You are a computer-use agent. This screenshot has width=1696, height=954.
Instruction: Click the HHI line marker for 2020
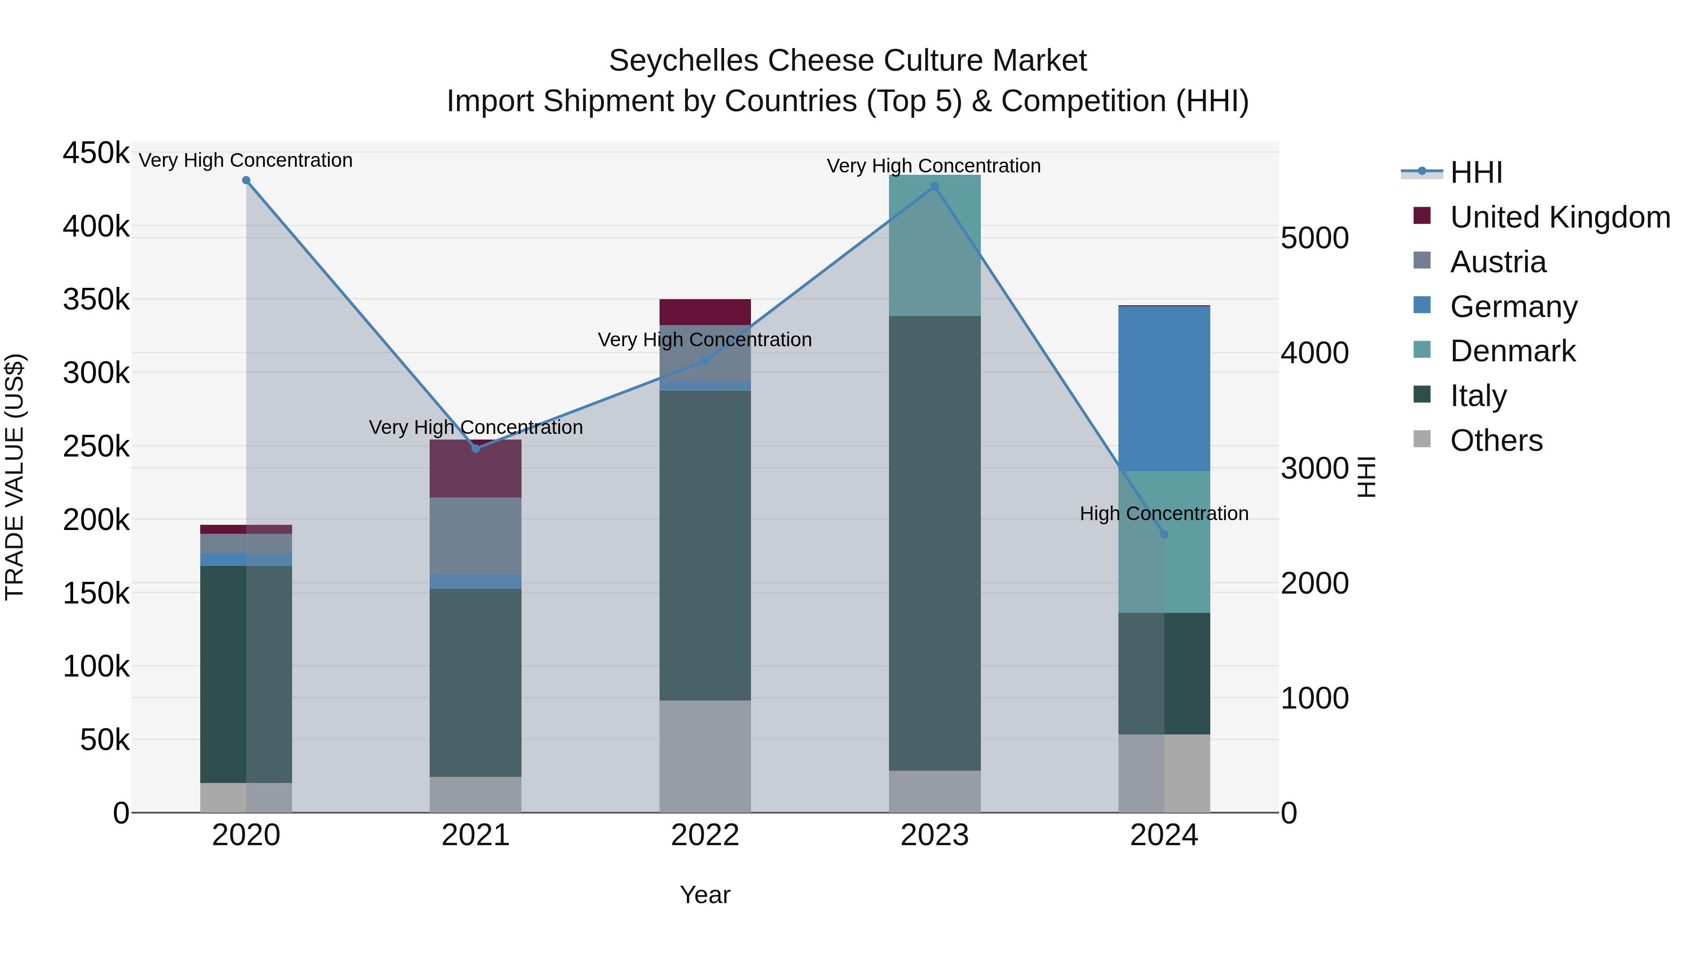click(x=246, y=180)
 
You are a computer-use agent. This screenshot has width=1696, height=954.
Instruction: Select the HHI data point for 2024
click(x=1164, y=535)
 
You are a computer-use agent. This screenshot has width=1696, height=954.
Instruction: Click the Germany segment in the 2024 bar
click(x=1164, y=389)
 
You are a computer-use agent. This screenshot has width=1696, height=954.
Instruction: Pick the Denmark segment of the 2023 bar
click(x=934, y=245)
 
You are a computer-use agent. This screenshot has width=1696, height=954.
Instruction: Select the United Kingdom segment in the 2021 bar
click(x=475, y=469)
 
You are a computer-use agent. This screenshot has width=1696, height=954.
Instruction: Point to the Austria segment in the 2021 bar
click(x=475, y=535)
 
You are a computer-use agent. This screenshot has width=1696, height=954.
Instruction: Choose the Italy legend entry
click(x=1478, y=396)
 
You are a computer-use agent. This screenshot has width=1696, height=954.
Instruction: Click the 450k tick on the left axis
click(x=96, y=154)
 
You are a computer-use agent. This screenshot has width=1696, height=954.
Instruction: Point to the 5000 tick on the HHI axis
click(x=1314, y=238)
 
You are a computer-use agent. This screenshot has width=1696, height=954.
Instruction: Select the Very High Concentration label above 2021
click(x=475, y=427)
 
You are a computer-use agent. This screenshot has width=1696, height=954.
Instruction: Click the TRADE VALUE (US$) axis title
click(x=15, y=477)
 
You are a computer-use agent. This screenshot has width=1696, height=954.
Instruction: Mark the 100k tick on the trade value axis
click(x=96, y=666)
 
